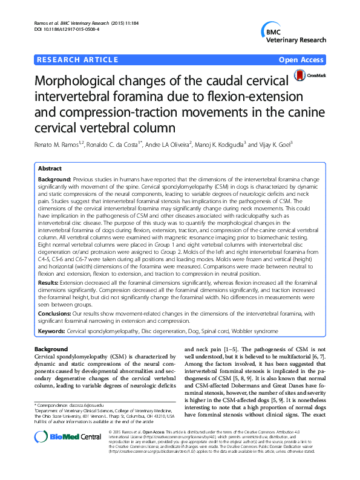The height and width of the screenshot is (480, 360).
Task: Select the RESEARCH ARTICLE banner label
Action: (77, 59)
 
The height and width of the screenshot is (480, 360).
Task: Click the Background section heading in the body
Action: (51, 349)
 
